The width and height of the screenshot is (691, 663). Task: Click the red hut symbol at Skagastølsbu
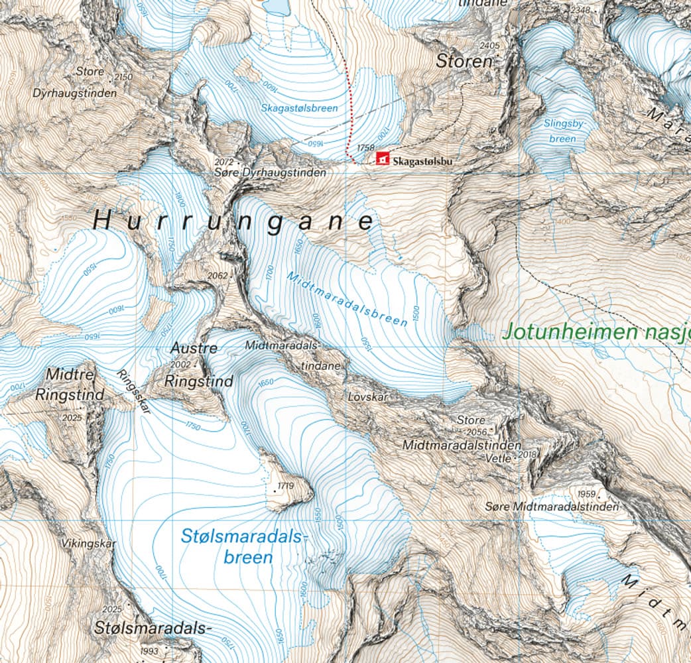pyautogui.click(x=382, y=158)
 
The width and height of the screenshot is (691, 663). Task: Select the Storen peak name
pyautogui.click(x=465, y=62)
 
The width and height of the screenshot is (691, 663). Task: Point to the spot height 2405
pyautogui.click(x=489, y=45)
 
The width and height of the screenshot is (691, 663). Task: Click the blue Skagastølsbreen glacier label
pyautogui.click(x=299, y=107)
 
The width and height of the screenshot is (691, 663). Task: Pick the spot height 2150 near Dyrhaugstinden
pyautogui.click(x=123, y=77)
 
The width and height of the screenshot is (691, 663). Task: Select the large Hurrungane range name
pyautogui.click(x=234, y=221)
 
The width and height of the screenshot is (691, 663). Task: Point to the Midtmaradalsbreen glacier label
pyautogui.click(x=347, y=299)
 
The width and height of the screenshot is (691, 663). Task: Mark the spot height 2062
pyautogui.click(x=218, y=275)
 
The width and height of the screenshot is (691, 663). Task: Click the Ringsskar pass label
pyautogui.click(x=133, y=392)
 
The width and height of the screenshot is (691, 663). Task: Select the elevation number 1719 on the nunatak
pyautogui.click(x=286, y=486)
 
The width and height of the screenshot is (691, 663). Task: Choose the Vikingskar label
pyautogui.click(x=89, y=544)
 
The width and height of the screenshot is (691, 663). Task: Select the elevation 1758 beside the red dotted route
pyautogui.click(x=365, y=148)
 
